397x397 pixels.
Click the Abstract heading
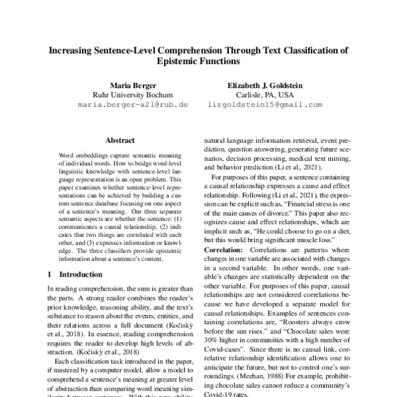pos(120,140)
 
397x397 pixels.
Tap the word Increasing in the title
pos(73,50)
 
